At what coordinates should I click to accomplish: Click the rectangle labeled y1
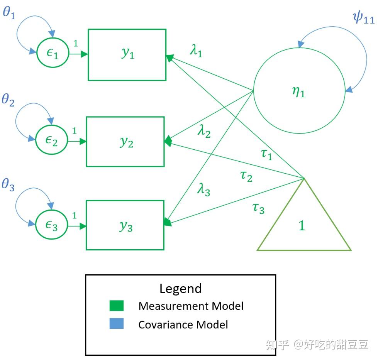pos(127,54)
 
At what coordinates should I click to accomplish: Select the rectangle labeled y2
pos(125,142)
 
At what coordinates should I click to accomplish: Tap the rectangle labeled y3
pos(125,225)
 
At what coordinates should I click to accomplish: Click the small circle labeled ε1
pos(53,54)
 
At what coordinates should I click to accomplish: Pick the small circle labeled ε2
pos(52,141)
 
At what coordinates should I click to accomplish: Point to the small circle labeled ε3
pos(52,225)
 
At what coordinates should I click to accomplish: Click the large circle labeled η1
pos(299,91)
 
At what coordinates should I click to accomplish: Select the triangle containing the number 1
pos(303,226)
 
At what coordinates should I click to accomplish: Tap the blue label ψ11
pos(363,17)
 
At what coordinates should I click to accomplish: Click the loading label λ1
pos(196,51)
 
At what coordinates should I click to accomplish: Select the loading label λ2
pos(204,132)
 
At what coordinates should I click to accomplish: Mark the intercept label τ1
pos(267,155)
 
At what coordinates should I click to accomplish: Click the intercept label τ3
pos(258,208)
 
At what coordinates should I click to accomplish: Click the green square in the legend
pos(117,306)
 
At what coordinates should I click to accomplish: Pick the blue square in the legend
pos(117,324)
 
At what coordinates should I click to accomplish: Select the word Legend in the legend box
pos(180,289)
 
